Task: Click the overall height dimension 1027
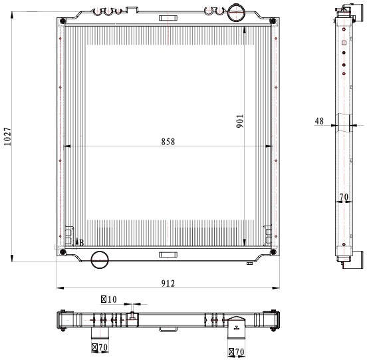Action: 7,136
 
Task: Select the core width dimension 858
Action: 168,142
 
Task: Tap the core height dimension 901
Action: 240,121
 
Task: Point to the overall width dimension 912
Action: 168,283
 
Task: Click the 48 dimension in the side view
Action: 319,121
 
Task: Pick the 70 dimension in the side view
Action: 344,197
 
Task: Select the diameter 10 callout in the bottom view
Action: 109,299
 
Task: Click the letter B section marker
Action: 82,243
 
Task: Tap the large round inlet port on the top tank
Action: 236,13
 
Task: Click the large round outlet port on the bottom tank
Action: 100,260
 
